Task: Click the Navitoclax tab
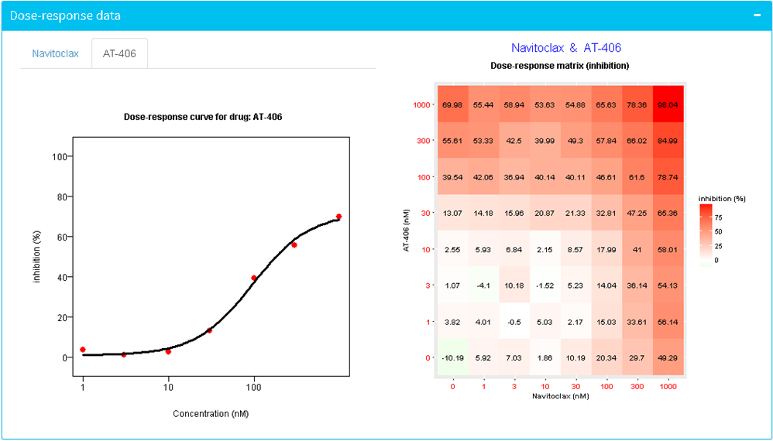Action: (x=55, y=54)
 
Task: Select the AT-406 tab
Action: (x=119, y=54)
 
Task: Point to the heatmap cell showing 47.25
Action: (x=637, y=213)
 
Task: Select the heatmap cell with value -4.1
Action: (x=484, y=285)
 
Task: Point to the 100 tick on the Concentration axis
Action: (x=253, y=387)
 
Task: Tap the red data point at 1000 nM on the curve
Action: (x=338, y=217)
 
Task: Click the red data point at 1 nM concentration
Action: (x=83, y=350)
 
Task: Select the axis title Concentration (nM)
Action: (x=211, y=414)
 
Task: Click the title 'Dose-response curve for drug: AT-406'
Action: (x=211, y=117)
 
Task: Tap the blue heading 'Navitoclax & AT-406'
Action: (x=566, y=48)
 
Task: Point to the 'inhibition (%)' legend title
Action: (x=722, y=199)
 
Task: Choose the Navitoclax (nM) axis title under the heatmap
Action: (x=561, y=395)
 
